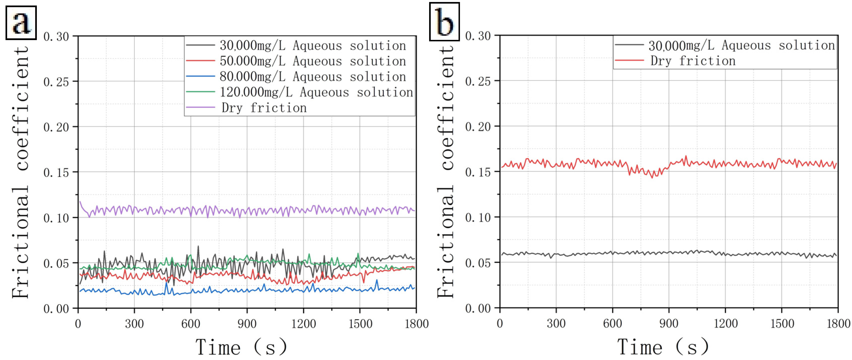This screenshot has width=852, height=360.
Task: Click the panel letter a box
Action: click(x=21, y=23)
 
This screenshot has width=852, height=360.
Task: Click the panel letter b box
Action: click(x=444, y=22)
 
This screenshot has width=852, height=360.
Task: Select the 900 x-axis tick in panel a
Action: click(x=247, y=324)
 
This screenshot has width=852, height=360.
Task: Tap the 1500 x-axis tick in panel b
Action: click(x=782, y=323)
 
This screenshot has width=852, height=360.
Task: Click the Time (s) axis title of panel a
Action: click(x=241, y=347)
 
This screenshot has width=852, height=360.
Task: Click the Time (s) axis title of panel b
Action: click(x=663, y=347)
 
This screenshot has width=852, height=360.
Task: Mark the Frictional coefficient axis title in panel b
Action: click(x=446, y=172)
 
